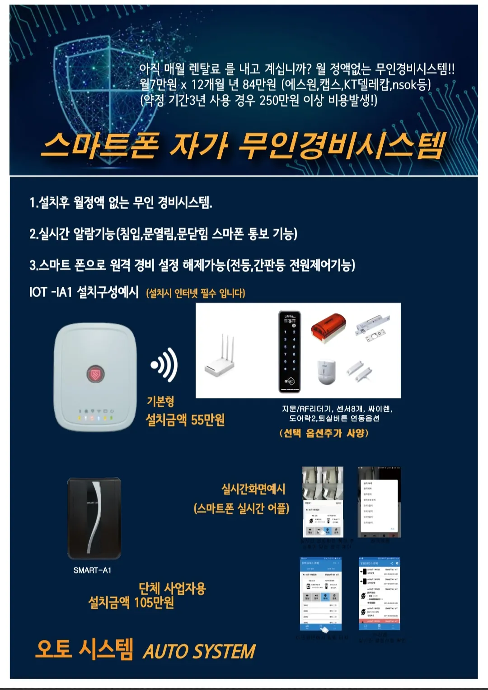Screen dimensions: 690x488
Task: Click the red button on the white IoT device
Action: (95, 374)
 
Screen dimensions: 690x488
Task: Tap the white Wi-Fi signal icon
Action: (164, 364)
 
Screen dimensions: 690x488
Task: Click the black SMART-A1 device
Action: (94, 518)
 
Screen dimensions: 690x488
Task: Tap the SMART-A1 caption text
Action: (92, 570)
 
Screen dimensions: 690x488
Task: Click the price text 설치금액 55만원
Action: (185, 420)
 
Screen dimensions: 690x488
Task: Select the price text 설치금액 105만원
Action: (131, 602)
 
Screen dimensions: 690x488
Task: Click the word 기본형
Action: (160, 401)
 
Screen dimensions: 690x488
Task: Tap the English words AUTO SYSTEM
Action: (199, 652)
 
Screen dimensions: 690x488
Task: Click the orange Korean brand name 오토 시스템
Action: (84, 649)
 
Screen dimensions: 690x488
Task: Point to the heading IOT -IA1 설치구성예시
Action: (84, 292)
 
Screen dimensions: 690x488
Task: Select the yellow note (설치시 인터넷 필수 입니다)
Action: (195, 294)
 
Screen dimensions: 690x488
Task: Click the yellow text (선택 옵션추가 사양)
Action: (324, 433)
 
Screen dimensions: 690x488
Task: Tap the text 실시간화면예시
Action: (253, 489)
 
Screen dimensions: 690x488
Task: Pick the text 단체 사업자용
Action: (172, 588)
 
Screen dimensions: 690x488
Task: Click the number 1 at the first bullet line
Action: (33, 203)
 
